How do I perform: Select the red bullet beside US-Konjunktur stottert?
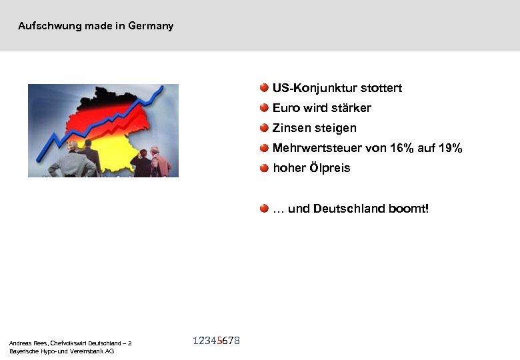click(x=265, y=87)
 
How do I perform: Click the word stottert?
click(x=381, y=88)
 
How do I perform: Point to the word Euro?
click(x=286, y=108)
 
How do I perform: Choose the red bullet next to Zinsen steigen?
click(x=265, y=127)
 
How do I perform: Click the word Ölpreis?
click(x=329, y=168)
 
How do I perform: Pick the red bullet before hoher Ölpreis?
click(x=265, y=167)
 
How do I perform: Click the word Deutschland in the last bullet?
click(x=349, y=209)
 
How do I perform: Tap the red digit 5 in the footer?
click(x=219, y=341)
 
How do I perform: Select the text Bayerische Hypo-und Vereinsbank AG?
click(x=61, y=351)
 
